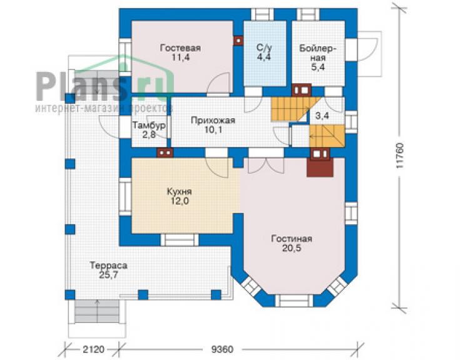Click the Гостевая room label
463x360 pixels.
pos(180,48)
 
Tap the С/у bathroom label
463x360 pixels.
pos(264,48)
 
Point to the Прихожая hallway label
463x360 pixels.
pos(213,120)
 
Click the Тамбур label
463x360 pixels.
pos(148,125)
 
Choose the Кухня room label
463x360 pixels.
pos(180,192)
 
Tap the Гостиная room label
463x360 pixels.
pos(292,239)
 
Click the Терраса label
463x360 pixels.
pos(109,265)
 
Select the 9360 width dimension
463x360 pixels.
pos(222,349)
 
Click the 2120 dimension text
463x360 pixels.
pos(93,349)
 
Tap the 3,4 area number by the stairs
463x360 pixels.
pos(322,116)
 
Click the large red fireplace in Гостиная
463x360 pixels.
pos(320,167)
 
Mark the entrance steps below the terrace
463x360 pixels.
pos(97,312)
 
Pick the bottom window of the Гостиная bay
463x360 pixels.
pos(294,301)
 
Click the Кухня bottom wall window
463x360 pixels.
pos(180,240)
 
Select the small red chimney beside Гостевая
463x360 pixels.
pos(238,41)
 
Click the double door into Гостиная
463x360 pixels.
pos(266,165)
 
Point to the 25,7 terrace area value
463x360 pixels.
pos(109,275)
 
